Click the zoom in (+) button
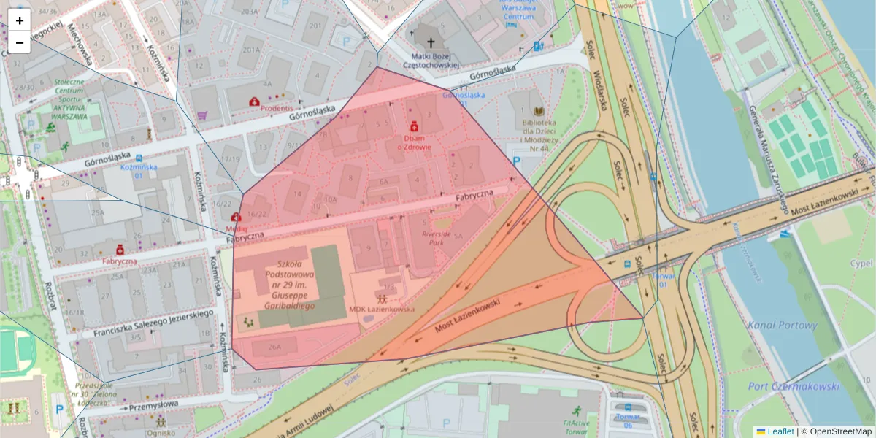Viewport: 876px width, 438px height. pos(20,21)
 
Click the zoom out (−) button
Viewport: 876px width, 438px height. pos(20,43)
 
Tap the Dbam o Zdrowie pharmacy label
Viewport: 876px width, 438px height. pos(413,142)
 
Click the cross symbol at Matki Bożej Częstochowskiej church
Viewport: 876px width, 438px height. pos(431,43)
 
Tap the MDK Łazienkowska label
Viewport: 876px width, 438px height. pos(382,309)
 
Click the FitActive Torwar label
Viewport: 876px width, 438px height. pos(576,423)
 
